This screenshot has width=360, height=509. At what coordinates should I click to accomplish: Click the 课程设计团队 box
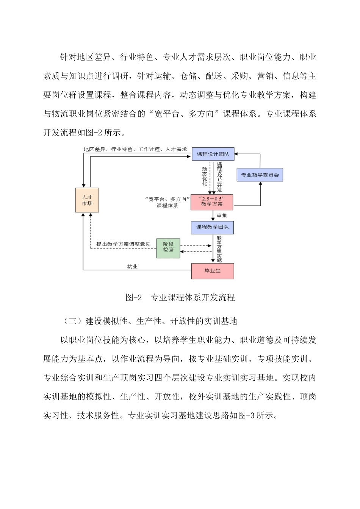[x=213, y=154]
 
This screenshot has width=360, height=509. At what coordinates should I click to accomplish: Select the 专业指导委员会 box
[x=260, y=175]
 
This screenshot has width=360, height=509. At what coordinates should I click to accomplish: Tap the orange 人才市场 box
[x=87, y=200]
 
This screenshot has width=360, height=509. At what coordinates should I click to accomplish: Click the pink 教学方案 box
[x=212, y=201]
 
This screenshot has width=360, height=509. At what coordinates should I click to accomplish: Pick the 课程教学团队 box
[x=212, y=227]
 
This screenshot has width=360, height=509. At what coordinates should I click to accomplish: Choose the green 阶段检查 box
[x=168, y=247]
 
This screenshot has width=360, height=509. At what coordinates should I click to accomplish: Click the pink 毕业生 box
[x=212, y=271]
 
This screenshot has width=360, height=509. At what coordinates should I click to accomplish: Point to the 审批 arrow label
[x=222, y=216]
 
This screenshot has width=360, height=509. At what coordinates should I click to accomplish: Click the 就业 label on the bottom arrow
[x=132, y=267]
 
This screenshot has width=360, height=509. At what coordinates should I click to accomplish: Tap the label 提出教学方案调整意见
[x=124, y=244]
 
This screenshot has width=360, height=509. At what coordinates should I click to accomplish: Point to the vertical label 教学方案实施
[x=219, y=249]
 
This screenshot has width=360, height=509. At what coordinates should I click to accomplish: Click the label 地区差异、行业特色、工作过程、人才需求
[x=135, y=149]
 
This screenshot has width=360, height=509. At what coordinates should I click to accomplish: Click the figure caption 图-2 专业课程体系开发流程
[x=180, y=298]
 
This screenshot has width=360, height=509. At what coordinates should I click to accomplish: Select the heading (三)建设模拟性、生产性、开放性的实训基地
[x=150, y=321]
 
